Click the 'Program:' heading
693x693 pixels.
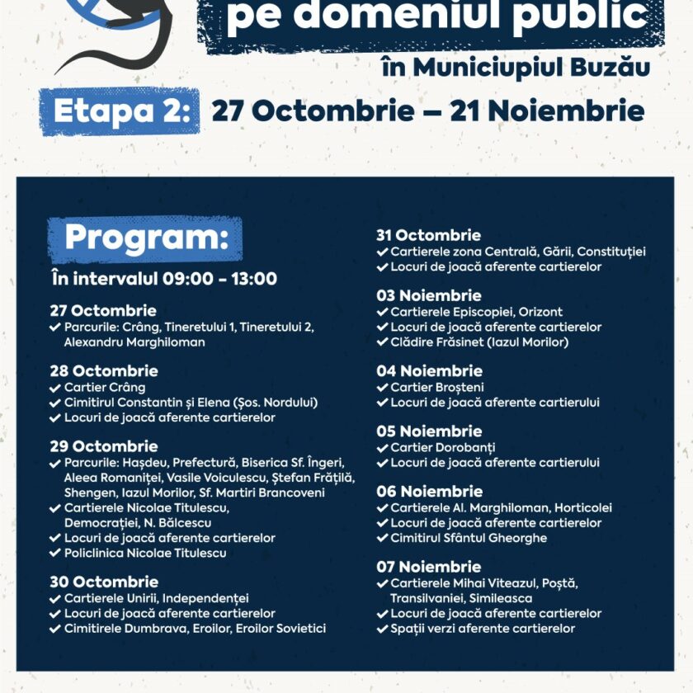pyautogui.click(x=145, y=238)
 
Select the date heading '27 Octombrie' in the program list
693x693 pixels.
pyautogui.click(x=103, y=311)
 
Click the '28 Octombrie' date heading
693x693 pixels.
pyautogui.click(x=103, y=370)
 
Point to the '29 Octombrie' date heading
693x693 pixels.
pyautogui.click(x=103, y=446)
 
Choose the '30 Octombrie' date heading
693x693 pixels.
pyautogui.click(x=103, y=582)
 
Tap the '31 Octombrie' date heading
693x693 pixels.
pyautogui.click(x=428, y=235)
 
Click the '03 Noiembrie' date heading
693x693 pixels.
pyautogui.click(x=429, y=295)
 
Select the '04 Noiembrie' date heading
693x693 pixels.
pyautogui.click(x=429, y=371)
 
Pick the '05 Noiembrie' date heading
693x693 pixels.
pyautogui.click(x=429, y=431)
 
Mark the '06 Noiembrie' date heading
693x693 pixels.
pyautogui.click(x=429, y=492)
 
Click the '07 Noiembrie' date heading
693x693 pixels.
pyautogui.click(x=429, y=567)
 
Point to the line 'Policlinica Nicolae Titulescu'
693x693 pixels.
pyautogui.click(x=144, y=553)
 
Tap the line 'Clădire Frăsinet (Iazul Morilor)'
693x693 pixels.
pyautogui.click(x=479, y=342)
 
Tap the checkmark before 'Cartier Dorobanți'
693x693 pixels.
pyautogui.click(x=382, y=448)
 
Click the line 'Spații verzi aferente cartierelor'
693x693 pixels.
pyautogui.click(x=483, y=629)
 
